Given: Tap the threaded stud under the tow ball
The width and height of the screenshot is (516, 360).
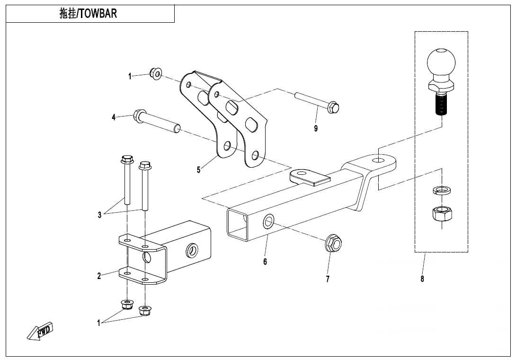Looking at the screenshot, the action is (x=441, y=104).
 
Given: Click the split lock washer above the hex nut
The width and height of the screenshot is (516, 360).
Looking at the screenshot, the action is (x=442, y=190).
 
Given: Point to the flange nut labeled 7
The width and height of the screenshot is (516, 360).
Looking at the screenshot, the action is (x=333, y=243).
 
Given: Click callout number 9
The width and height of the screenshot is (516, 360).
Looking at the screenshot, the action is (x=316, y=128).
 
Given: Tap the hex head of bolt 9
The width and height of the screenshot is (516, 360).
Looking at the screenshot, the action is (x=333, y=108).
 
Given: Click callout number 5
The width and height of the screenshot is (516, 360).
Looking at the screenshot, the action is (x=198, y=170).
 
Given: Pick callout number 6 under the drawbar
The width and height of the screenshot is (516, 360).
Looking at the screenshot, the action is (x=265, y=262).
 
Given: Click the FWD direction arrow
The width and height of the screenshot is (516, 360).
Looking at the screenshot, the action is (x=40, y=331).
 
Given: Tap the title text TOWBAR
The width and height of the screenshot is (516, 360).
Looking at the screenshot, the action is (x=98, y=14).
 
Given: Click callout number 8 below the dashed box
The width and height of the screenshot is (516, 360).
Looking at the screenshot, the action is (x=422, y=279).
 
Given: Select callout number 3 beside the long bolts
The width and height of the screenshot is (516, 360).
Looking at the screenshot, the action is (x=100, y=215).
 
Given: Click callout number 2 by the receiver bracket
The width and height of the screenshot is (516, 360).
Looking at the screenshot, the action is (x=99, y=276).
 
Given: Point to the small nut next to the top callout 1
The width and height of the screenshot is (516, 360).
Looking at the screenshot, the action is (x=155, y=73).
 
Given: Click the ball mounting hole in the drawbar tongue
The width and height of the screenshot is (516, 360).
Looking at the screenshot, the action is (x=378, y=161).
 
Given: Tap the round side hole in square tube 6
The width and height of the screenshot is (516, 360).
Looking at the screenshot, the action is (x=268, y=221).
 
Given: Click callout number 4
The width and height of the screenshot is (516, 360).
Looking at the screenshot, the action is (x=114, y=117).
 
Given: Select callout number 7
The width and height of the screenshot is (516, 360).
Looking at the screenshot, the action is (x=328, y=279).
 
